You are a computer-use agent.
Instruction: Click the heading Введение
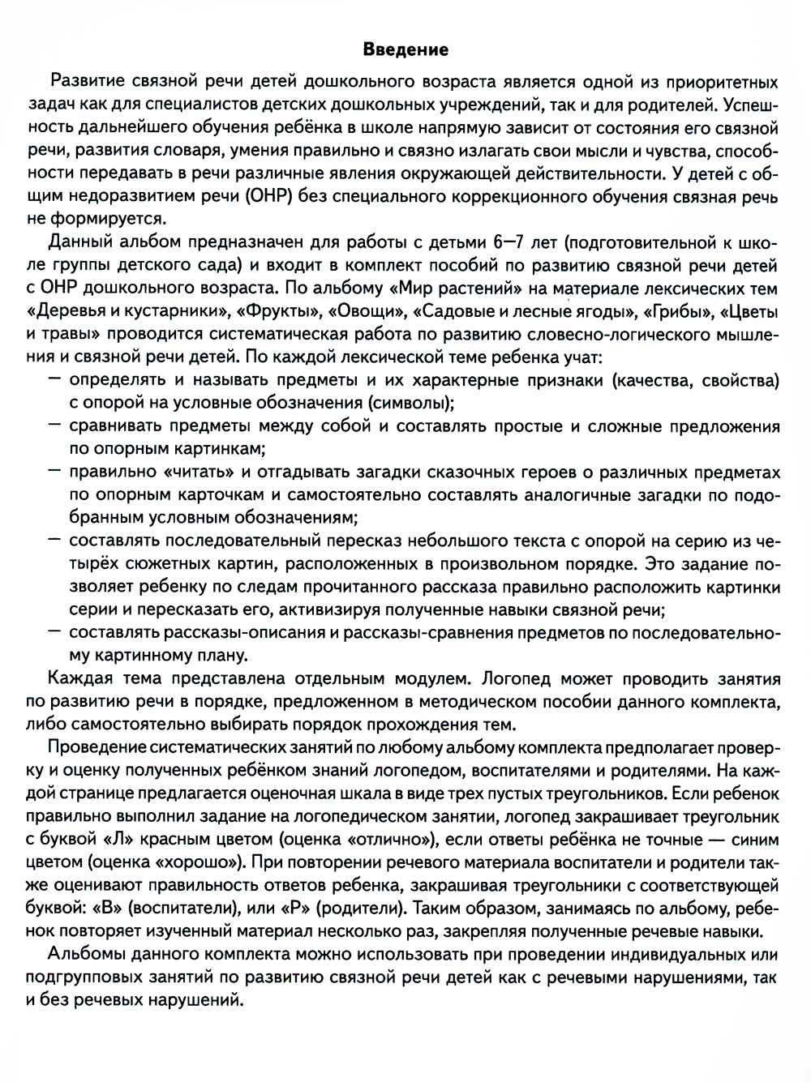point(405,50)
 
